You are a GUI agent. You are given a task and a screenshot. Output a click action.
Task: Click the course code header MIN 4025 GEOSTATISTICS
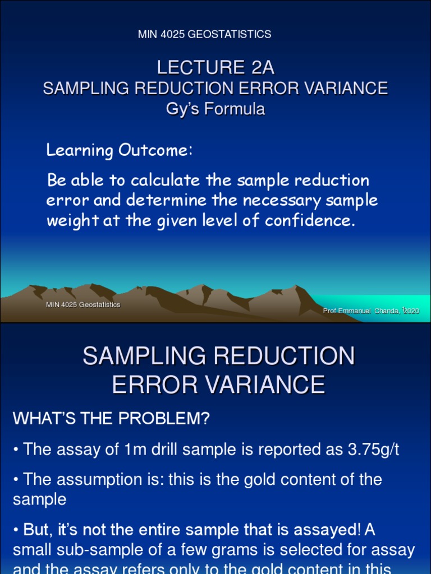[x=204, y=35]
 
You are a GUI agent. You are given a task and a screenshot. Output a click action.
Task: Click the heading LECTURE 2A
[x=215, y=68]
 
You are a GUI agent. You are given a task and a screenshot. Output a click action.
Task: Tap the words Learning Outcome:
[x=120, y=150]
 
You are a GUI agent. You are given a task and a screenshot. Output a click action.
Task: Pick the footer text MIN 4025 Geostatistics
[x=82, y=305]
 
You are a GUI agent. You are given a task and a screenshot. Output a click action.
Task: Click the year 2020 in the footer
[x=411, y=311]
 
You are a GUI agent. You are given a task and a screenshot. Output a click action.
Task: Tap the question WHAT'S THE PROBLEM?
[x=111, y=418]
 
